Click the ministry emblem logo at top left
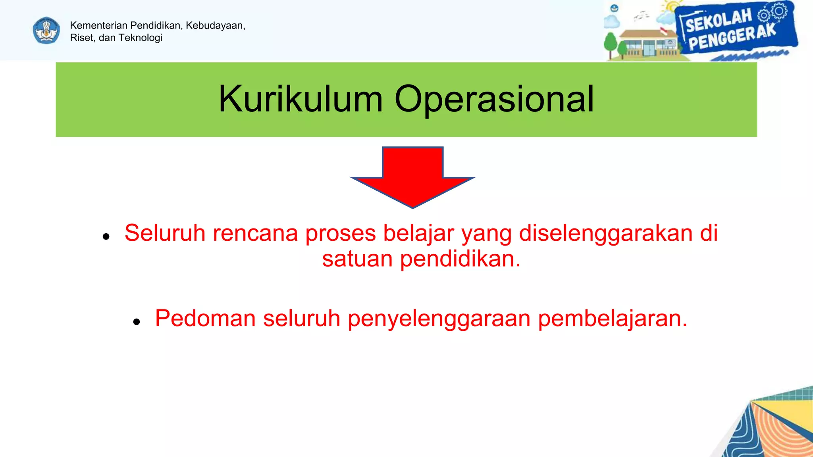pyautogui.click(x=46, y=31)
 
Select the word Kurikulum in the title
pyautogui.click(x=301, y=99)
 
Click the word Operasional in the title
pyautogui.click(x=494, y=99)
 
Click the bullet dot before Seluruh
pyautogui.click(x=106, y=237)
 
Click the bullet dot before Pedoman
pyautogui.click(x=137, y=322)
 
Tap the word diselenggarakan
pyautogui.click(x=606, y=233)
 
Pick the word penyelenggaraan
pyautogui.click(x=439, y=319)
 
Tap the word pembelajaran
pyautogui.click(x=613, y=319)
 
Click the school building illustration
pyautogui.click(x=647, y=44)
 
